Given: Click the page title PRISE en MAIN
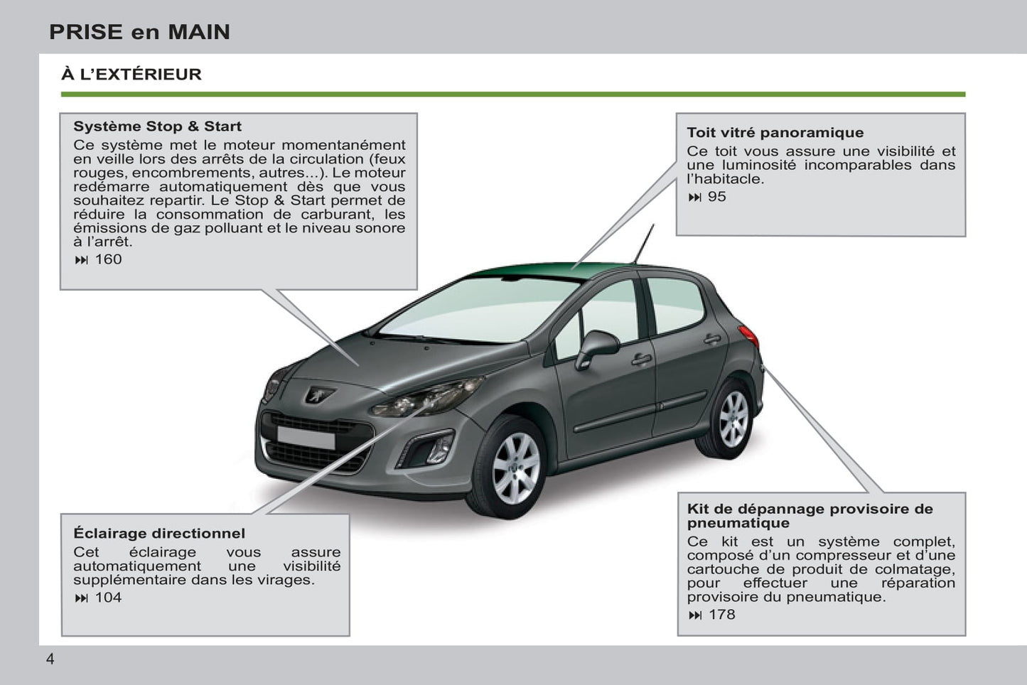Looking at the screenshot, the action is (139, 32).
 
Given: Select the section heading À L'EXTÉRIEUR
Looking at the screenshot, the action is (131, 74).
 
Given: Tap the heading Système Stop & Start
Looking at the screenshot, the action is (157, 126).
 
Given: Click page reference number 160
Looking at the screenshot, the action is (108, 259).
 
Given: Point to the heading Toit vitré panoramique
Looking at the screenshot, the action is (775, 132).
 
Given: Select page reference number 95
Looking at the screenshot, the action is (717, 197).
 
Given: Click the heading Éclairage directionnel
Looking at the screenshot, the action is (159, 533).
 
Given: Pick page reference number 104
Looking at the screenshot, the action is (108, 598).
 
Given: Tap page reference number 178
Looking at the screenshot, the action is (722, 615).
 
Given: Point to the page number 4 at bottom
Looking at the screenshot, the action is (50, 659).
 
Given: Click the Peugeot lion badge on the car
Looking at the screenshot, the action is (318, 394).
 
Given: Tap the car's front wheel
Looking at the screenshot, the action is (512, 468).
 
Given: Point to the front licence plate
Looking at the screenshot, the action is (306, 438).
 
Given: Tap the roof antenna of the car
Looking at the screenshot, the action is (644, 244).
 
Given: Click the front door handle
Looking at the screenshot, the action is (641, 360).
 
